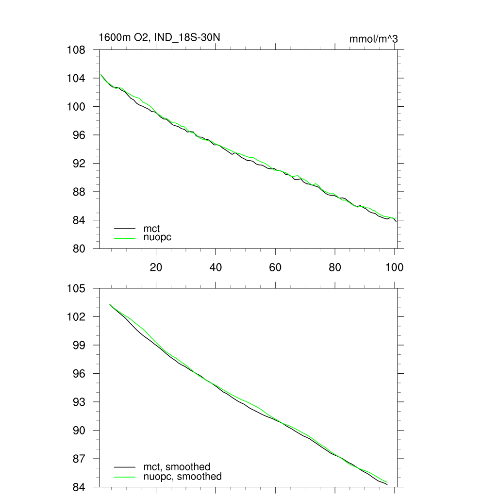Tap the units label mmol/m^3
[373, 39]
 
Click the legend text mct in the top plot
[151, 228]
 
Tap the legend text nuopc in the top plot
[157, 237]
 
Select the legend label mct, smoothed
[177, 467]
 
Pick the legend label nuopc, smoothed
[182, 477]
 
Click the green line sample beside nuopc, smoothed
[125, 477]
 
